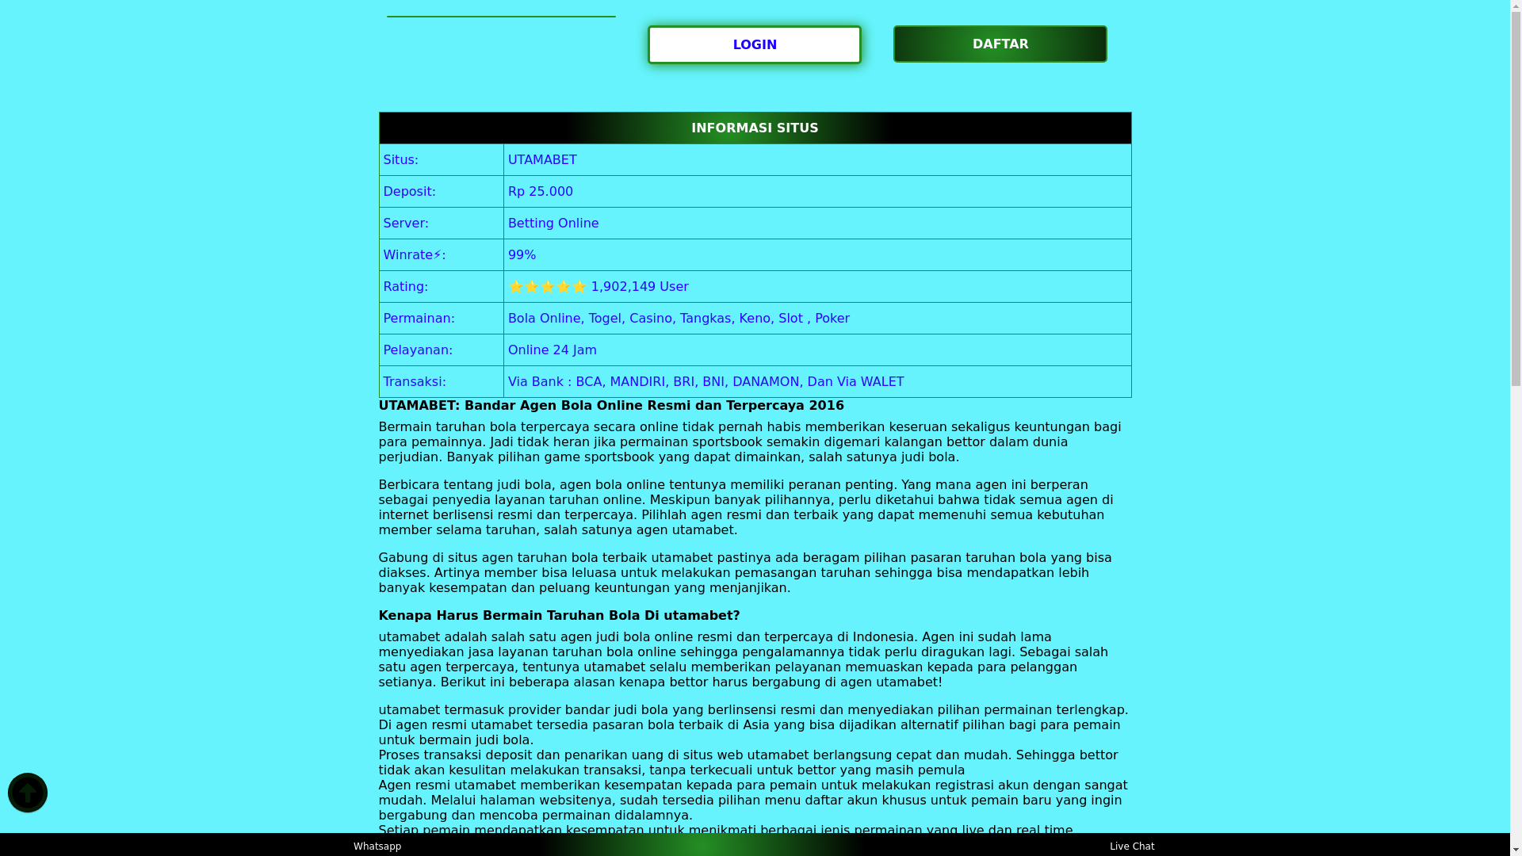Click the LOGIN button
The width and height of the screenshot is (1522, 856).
tap(754, 45)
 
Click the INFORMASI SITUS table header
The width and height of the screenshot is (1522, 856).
tap(754, 128)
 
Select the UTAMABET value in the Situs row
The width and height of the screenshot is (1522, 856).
tap(542, 160)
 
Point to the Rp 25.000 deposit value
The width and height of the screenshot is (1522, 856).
tap(540, 192)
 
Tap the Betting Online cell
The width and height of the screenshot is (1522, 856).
tap(553, 224)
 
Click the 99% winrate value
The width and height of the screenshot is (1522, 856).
tap(522, 255)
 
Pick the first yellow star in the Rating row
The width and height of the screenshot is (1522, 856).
tap(516, 287)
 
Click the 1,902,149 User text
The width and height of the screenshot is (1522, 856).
tap(639, 287)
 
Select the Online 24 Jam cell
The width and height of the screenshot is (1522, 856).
tap(552, 350)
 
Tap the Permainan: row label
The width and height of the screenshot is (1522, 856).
tap(419, 319)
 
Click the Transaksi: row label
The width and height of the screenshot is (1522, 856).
tap(414, 382)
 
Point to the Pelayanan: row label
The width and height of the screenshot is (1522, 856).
tap(418, 350)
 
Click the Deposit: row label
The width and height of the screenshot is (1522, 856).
tap(409, 192)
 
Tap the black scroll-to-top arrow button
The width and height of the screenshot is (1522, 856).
tap(28, 793)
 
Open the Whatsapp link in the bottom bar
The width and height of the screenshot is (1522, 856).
tap(377, 846)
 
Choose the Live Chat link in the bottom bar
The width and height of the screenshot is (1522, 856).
tap(1131, 846)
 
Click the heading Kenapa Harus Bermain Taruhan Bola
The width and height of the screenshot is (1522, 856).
tap(559, 616)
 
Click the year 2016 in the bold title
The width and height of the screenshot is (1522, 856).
tap(826, 406)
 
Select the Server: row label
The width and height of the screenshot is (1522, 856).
tap(405, 224)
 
